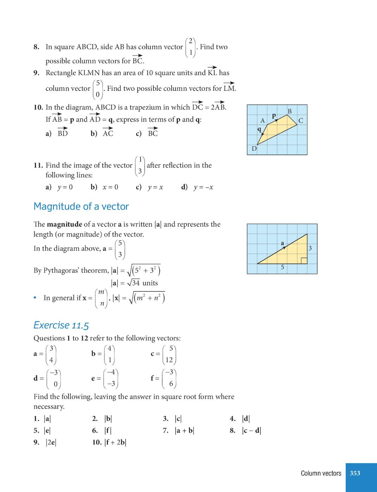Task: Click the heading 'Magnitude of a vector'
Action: click(81, 206)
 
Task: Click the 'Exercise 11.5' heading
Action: click(61, 325)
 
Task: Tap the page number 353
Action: click(355, 473)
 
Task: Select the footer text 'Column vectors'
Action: click(321, 473)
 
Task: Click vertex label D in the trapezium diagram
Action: click(254, 149)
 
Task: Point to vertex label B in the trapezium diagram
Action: click(290, 111)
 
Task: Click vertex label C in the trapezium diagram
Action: click(301, 121)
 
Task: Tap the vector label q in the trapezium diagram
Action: click(260, 129)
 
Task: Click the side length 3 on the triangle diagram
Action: click(310, 248)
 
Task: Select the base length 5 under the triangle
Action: click(282, 267)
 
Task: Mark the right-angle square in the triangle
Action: click(304, 261)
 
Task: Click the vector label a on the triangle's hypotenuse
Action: click(282, 243)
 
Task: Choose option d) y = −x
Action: click(197, 187)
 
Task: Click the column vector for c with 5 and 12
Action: click(169, 354)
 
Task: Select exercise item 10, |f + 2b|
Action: click(109, 442)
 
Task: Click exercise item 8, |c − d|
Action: click(245, 430)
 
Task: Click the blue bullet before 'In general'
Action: click(36, 297)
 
